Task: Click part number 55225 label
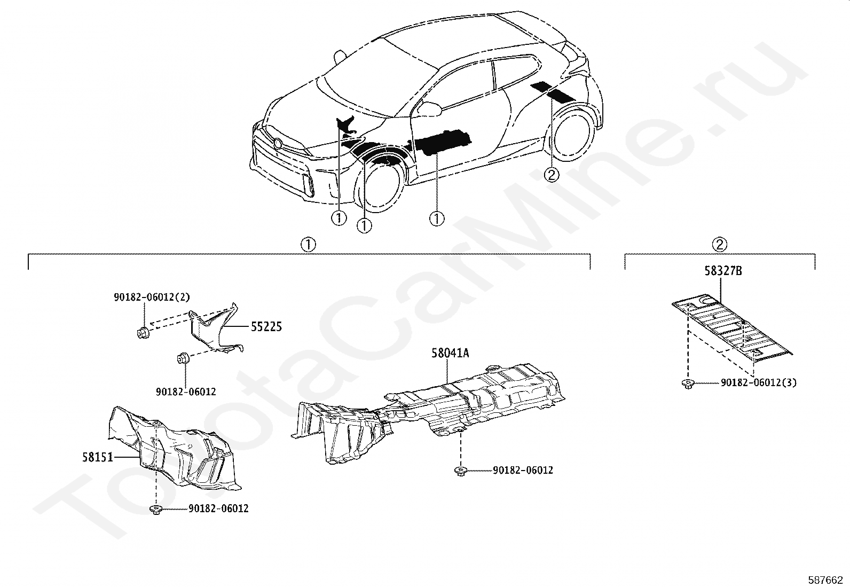pos(266,326)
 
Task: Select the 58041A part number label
pos(450,353)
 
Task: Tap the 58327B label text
pos(722,271)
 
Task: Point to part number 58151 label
pos(98,457)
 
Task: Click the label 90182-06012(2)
pos(152,297)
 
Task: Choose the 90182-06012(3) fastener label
pos(758,382)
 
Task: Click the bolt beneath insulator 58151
pos(156,510)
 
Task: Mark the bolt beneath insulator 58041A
pos(460,471)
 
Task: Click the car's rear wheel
pos(574,134)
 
